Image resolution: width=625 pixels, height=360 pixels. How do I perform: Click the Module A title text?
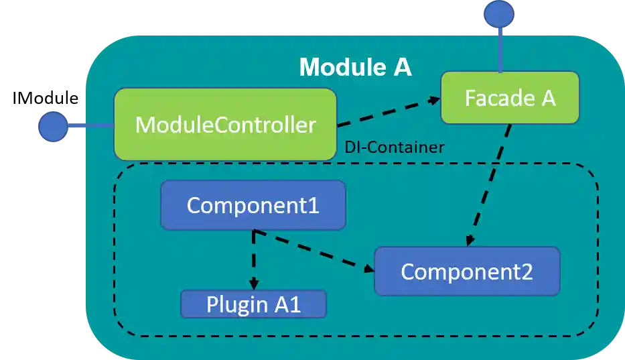coord(355,67)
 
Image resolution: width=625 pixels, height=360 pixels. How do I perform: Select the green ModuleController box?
coord(225,125)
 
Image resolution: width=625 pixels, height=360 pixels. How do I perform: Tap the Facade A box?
coord(510,98)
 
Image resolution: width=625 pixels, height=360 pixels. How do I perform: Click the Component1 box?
coord(253,204)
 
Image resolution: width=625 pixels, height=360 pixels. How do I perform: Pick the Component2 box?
coord(467,272)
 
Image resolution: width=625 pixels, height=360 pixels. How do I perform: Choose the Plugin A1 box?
coord(253,304)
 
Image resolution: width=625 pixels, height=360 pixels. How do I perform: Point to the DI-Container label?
coord(394,147)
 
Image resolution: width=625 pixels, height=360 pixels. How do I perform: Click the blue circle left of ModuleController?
coord(54,126)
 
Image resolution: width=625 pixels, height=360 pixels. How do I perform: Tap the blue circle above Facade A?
coord(499,14)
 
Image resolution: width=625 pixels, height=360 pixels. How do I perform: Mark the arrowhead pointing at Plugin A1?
coord(253,285)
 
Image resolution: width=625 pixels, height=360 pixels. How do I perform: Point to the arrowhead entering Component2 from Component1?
coord(368,269)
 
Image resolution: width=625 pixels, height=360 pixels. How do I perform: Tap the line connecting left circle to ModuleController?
coord(90,126)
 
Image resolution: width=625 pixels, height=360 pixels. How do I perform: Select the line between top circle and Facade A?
coord(499,50)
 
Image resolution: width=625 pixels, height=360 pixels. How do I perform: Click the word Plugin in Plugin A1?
coord(232,304)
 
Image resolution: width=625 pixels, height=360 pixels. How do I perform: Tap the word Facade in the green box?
coord(491,98)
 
